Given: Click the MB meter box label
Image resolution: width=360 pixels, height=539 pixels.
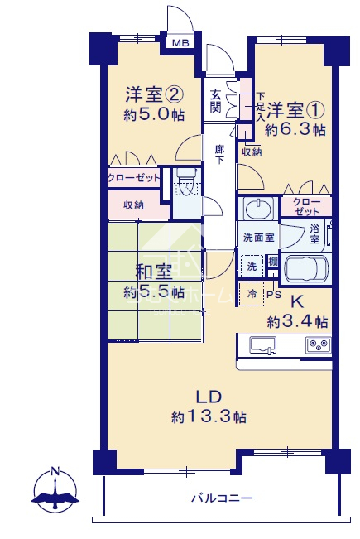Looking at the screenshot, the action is [x=180, y=43].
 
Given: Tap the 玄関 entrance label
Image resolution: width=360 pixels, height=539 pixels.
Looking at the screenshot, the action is [x=216, y=101].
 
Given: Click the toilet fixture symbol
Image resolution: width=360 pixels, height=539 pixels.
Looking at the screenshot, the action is [x=185, y=182].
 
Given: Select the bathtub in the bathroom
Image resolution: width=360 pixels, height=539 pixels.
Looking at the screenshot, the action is [x=305, y=269].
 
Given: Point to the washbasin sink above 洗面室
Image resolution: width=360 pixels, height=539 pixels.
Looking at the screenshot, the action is [x=258, y=209].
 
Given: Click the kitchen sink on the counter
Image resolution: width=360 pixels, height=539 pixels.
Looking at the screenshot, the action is [x=262, y=345].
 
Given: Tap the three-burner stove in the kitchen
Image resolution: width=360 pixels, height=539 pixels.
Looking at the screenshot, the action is [x=318, y=345].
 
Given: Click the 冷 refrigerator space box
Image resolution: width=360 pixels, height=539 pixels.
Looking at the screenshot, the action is [x=252, y=294].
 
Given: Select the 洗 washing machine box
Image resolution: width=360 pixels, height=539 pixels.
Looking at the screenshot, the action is [x=252, y=266].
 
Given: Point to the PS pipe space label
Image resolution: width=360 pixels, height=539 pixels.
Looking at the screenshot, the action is [x=274, y=295].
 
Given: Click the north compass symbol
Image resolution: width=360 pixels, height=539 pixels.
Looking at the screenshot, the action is [x=55, y=489].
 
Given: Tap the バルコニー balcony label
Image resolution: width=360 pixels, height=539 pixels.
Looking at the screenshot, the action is [x=222, y=498].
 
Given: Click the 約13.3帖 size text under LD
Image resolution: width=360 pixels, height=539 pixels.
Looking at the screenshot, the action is [x=209, y=417].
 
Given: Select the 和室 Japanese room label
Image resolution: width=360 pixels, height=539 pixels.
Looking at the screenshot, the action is [x=154, y=272].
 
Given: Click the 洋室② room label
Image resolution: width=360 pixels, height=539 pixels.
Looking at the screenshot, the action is [x=154, y=94].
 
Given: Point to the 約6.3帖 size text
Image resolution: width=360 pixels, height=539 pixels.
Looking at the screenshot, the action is [x=295, y=130].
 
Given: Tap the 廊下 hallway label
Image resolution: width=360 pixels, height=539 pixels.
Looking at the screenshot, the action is [x=219, y=154].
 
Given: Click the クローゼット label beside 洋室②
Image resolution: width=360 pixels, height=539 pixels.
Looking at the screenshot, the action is [x=133, y=178].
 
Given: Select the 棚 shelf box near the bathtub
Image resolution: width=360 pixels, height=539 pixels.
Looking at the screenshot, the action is [x=273, y=261].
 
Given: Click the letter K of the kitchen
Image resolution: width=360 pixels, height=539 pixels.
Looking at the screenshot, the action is [x=297, y=302].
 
